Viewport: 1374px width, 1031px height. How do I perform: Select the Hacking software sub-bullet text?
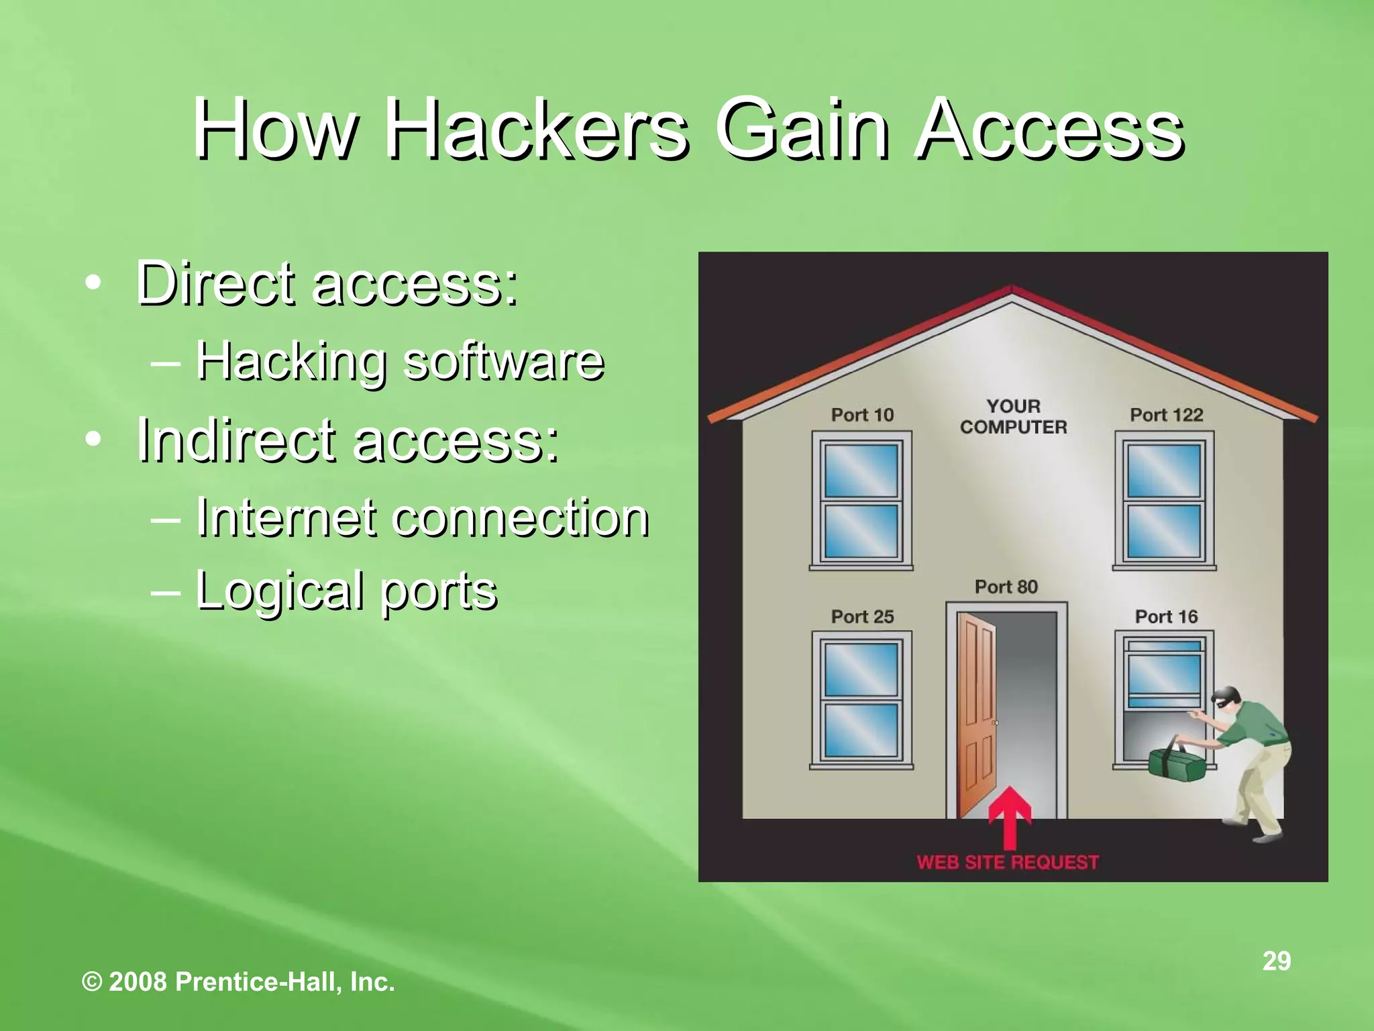pos(400,360)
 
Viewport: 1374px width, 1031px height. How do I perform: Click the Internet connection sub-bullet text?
pos(422,518)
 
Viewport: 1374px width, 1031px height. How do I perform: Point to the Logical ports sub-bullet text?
pos(346,589)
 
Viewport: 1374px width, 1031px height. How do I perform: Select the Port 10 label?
pos(862,415)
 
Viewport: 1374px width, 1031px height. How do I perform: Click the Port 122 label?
pos(1166,415)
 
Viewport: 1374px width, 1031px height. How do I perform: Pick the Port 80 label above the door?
pos(1006,587)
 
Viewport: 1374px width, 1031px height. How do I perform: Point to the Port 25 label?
pos(862,616)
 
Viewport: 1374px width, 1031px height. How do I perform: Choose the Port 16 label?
pos(1166,616)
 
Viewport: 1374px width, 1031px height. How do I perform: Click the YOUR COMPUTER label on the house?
pos(1013,417)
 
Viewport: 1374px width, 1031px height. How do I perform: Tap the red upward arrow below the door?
pos(1009,818)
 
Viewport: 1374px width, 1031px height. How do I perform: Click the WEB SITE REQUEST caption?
pos(1008,862)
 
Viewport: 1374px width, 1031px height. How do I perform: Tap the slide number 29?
pos(1276,961)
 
